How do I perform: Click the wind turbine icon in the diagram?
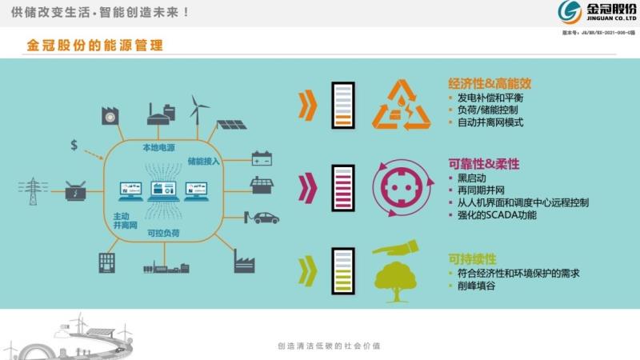tap(199, 108)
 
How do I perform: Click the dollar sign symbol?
tap(74, 145)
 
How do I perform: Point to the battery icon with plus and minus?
tap(262, 158)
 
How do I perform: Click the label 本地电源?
tap(157, 148)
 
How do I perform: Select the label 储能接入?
tap(203, 162)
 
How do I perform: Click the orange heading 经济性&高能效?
tap(490, 83)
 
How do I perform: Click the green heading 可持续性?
tap(472, 259)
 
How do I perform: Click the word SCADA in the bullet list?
tap(510, 215)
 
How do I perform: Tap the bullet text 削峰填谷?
tap(477, 286)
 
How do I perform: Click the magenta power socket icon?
tap(397, 187)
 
